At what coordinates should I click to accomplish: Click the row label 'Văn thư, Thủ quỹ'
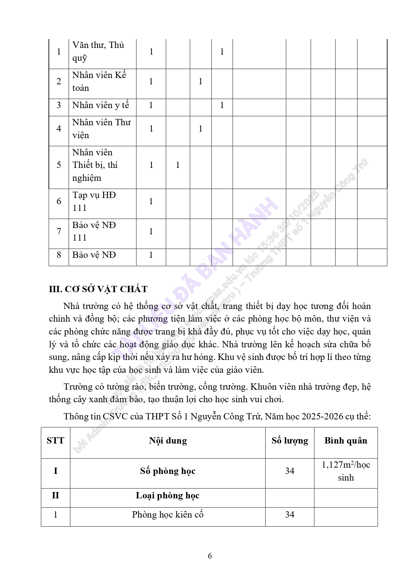pos(98,52)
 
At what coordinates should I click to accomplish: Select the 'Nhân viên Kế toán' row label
pos(99,81)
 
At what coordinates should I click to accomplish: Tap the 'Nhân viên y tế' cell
pos(101,105)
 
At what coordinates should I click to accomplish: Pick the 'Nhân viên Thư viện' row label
pos(101,129)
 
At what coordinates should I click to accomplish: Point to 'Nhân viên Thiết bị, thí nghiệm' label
pos(95,165)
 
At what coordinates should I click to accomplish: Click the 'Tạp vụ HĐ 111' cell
pos(94,201)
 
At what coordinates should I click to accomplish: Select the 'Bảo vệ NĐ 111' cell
pos(94,231)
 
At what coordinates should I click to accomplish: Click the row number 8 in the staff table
pos(59,255)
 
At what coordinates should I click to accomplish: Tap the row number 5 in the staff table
pos(59,165)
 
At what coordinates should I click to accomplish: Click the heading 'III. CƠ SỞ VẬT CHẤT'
pos(98,289)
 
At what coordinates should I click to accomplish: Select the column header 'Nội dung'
pos(168,441)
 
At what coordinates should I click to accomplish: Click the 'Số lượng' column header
pos(290,441)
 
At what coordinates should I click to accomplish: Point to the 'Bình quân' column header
pos(346,441)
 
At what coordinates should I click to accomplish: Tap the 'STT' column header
pos(56,441)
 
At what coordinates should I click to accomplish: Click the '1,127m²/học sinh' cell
pos(346,471)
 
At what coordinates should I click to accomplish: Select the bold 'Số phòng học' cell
pos(168,471)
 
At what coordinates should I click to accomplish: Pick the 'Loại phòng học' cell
pos(168,496)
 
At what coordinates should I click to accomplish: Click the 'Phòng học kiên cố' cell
pos(168,515)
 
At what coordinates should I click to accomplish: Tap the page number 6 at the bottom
pos(210,556)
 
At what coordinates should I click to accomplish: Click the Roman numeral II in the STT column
pos(56,496)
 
